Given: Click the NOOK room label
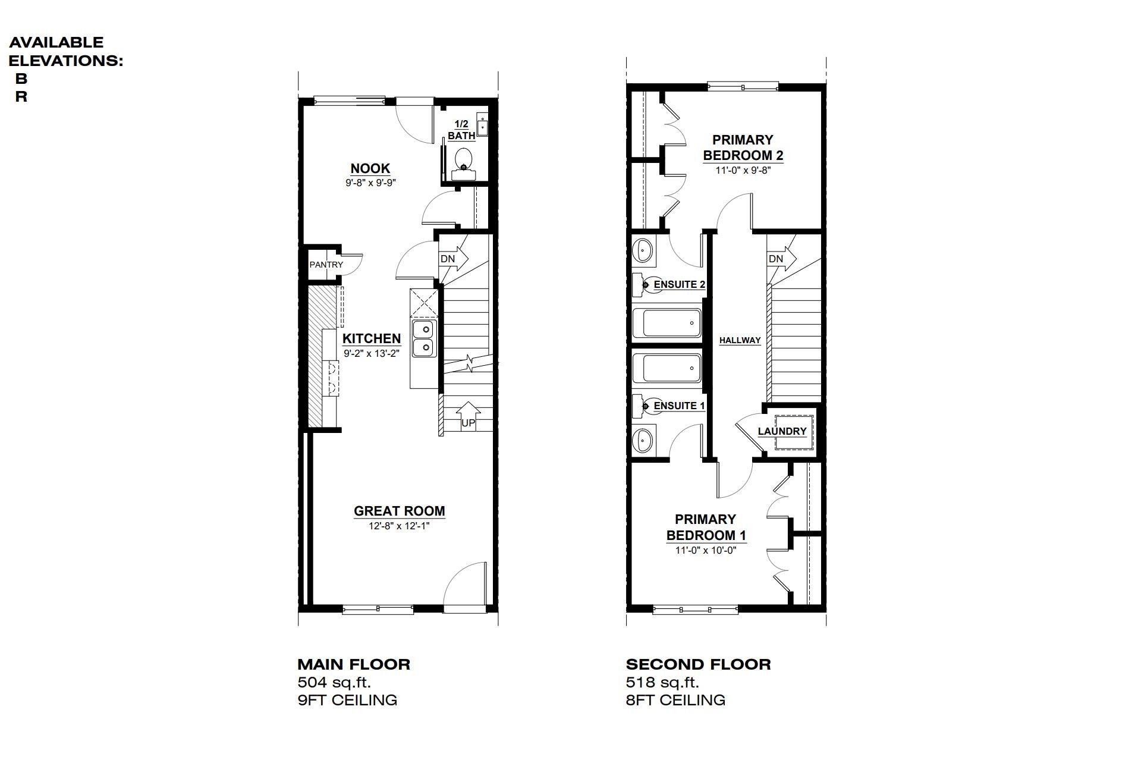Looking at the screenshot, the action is [370, 168].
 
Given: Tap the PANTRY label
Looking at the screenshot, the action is [326, 265].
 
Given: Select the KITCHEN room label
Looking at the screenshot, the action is [372, 338].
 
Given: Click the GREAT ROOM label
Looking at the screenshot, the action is [399, 511].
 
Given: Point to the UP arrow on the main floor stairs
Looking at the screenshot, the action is [469, 415].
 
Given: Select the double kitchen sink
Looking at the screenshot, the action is [425, 338].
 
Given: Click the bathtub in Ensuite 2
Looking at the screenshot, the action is [667, 323].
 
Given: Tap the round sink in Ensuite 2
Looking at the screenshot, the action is [643, 250].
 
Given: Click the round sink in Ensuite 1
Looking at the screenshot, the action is [643, 441].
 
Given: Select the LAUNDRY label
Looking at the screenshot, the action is [782, 431].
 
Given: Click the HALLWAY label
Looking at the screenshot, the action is [740, 340].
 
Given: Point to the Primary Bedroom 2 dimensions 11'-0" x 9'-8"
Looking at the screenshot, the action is [743, 170].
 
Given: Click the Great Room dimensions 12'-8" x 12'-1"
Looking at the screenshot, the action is [399, 526].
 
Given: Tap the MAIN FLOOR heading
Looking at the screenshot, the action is [354, 664].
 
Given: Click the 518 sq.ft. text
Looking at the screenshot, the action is [662, 682].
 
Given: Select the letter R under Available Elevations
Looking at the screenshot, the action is [21, 97].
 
